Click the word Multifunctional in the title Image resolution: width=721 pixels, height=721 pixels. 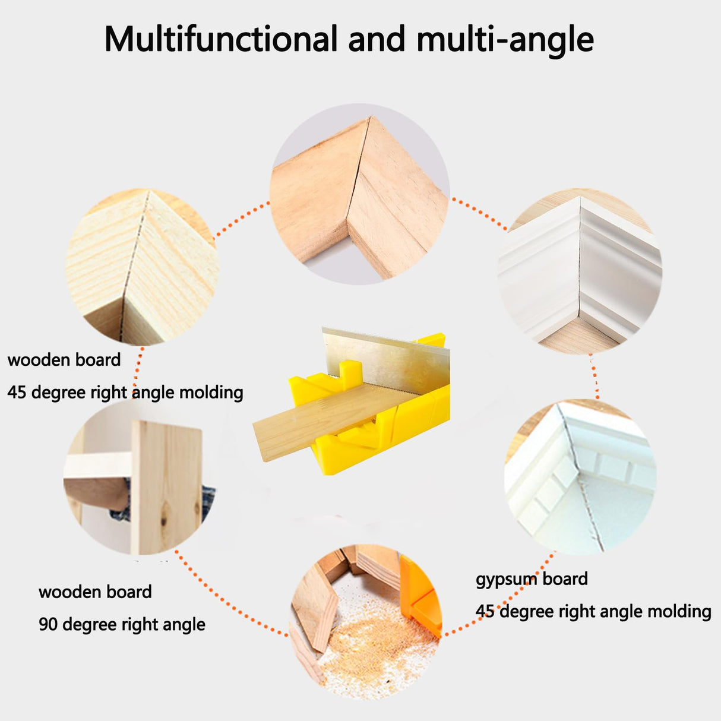pyautogui.click(x=220, y=40)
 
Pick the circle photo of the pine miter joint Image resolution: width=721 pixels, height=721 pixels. pyautogui.click(x=141, y=267)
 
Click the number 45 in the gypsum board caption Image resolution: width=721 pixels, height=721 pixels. pyautogui.click(x=485, y=611)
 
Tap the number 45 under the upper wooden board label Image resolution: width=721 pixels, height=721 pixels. pyautogui.click(x=17, y=393)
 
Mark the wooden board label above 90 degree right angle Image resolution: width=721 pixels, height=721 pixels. pyautogui.click(x=95, y=592)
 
